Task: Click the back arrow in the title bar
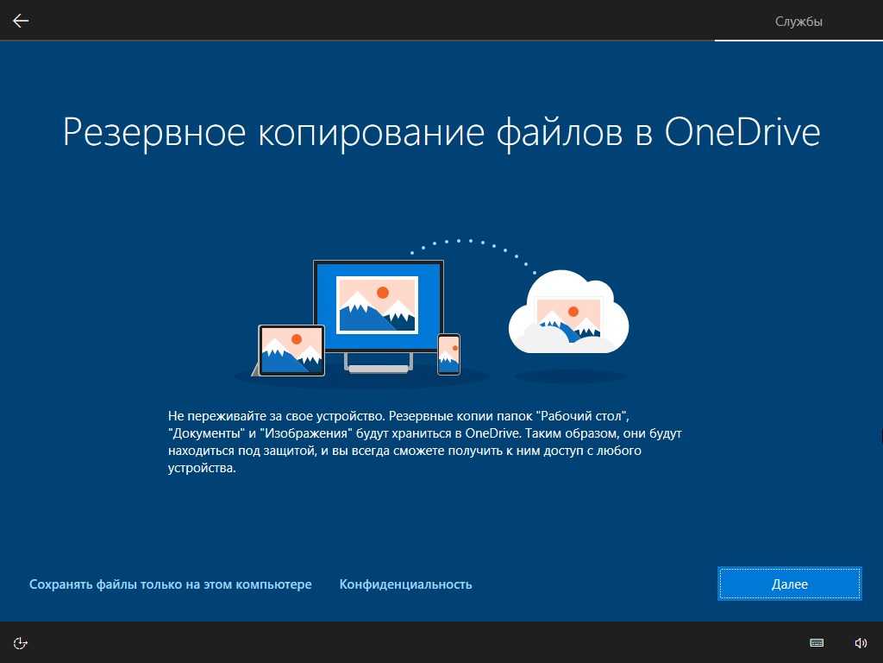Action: (21, 21)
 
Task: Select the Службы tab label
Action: (798, 22)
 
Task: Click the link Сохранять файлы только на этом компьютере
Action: (170, 584)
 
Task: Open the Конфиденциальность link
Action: (405, 584)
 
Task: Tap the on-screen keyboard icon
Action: (817, 642)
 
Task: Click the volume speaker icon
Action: (861, 642)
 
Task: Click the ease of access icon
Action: (21, 642)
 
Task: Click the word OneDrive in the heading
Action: (742, 132)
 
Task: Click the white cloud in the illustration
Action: (569, 312)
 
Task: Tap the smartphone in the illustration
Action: (448, 354)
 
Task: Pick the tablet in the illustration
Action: (291, 350)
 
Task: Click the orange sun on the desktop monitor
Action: (383, 292)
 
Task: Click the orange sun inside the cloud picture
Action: (573, 311)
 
